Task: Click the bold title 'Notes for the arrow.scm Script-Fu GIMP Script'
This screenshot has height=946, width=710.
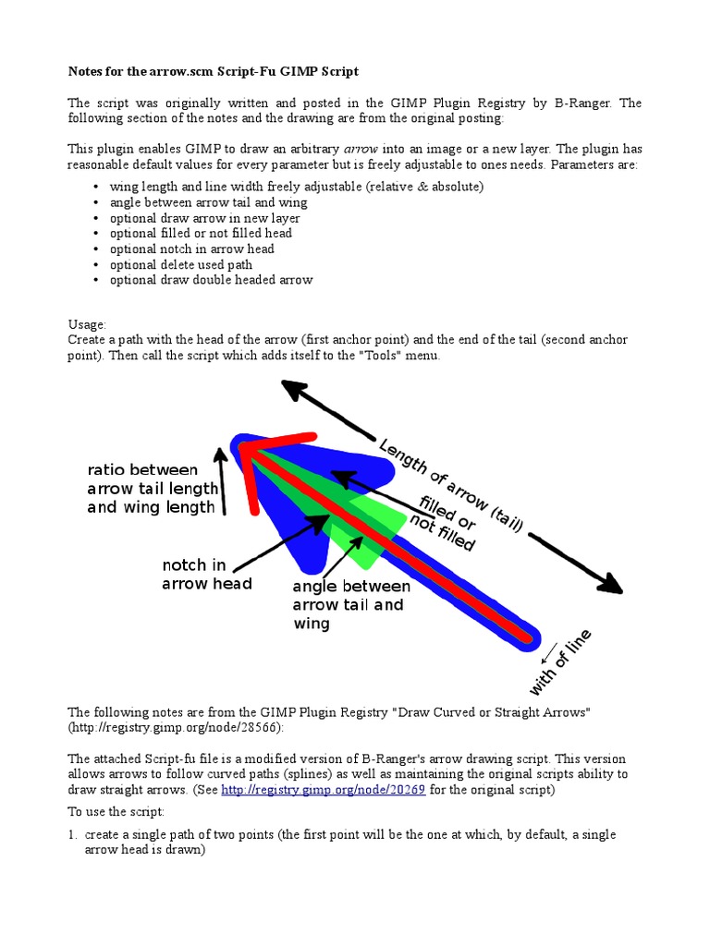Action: (x=214, y=71)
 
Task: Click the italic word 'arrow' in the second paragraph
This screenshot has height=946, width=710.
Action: (x=361, y=149)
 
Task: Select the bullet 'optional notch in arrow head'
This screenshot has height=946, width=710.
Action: (x=191, y=249)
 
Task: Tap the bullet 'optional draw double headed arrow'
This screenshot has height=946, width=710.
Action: (x=211, y=279)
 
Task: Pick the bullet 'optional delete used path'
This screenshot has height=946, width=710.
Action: (x=180, y=264)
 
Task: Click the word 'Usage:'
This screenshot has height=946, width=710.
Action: (x=88, y=324)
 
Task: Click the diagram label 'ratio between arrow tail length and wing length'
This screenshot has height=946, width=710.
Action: (x=153, y=488)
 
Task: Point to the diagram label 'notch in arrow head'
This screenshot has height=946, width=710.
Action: (x=206, y=574)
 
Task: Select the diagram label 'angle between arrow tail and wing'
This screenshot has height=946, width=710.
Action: (x=351, y=605)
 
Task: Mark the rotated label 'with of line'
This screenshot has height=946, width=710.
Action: (x=560, y=663)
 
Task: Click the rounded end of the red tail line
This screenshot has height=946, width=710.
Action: (x=528, y=637)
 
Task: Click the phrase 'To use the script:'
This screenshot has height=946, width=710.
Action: (x=116, y=811)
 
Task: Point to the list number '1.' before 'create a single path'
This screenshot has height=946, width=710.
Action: (x=73, y=834)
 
